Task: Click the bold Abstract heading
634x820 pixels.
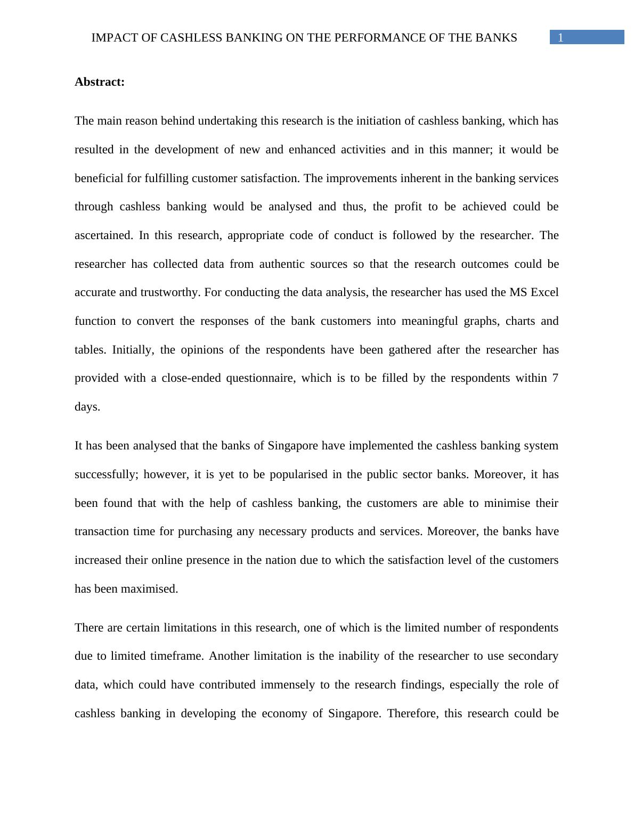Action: (x=100, y=82)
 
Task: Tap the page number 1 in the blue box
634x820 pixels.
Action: (x=560, y=37)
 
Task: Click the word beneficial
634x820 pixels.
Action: (x=99, y=178)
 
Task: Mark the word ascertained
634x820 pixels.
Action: (x=103, y=235)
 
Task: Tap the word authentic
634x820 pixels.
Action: (x=283, y=264)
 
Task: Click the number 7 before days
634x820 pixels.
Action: (x=555, y=378)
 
